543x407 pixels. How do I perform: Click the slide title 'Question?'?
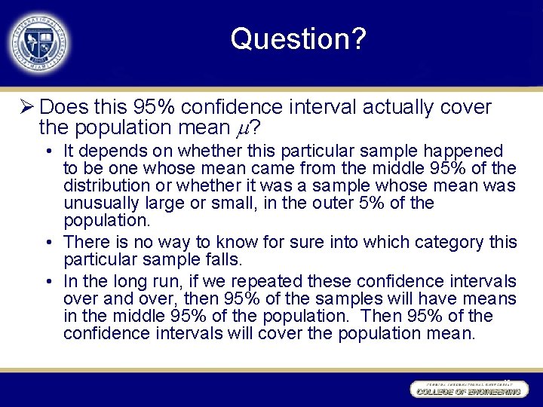coord(299,38)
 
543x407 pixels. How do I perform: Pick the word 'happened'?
coord(468,151)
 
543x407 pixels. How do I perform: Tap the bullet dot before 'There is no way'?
coord(48,243)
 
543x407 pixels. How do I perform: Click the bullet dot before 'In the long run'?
coord(48,282)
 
